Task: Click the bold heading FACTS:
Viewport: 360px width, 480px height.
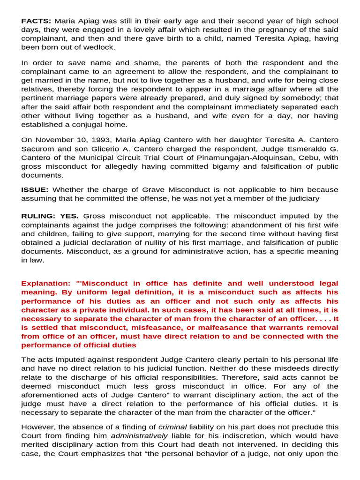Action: click(37, 21)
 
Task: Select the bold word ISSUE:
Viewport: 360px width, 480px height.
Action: click(35, 190)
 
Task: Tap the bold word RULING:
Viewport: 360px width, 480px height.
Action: click(38, 216)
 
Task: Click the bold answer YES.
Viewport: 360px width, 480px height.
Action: click(69, 216)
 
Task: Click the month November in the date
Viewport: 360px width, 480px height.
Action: click(51, 140)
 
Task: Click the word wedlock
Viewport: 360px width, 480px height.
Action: click(98, 47)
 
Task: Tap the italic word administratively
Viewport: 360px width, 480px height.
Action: click(139, 436)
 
